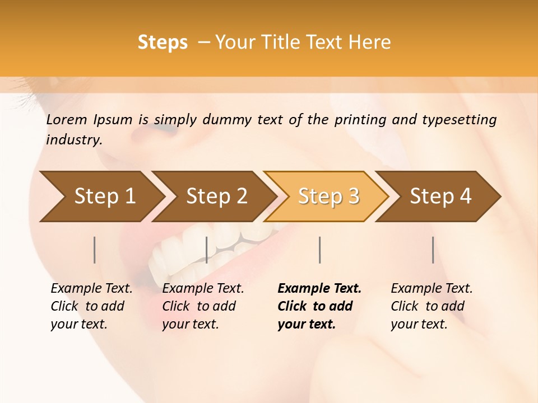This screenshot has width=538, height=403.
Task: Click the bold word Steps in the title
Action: [163, 43]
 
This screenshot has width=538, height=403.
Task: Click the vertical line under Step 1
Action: [95, 250]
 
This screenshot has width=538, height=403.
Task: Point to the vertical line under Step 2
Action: [207, 250]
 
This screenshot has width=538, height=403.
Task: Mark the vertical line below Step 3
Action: [320, 250]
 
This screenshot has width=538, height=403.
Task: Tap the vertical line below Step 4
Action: [433, 250]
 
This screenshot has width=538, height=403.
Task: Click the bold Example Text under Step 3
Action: [319, 306]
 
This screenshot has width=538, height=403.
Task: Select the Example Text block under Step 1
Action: [91, 306]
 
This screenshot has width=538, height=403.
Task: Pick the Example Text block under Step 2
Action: [203, 306]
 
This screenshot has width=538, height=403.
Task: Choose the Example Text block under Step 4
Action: [432, 306]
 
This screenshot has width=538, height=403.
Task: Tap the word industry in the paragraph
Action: [73, 139]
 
